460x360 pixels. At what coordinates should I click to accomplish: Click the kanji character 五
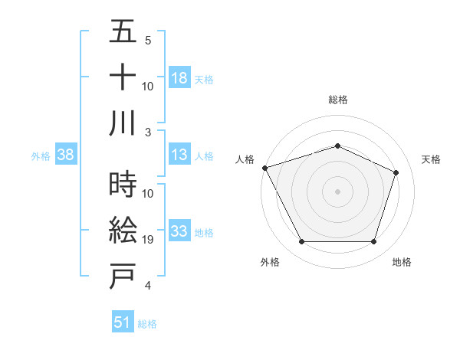tap(123, 34)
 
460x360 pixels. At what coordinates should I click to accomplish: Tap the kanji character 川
tap(123, 123)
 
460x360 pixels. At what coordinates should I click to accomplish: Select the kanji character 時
tap(123, 185)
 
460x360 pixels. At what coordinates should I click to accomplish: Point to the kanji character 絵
tap(123, 230)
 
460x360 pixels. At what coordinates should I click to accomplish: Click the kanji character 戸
tap(123, 276)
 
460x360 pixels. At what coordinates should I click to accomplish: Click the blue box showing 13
tap(179, 155)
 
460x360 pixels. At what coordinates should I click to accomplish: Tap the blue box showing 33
tap(179, 231)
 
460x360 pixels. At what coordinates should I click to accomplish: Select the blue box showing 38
tap(66, 155)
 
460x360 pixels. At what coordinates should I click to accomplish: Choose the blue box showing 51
tap(123, 322)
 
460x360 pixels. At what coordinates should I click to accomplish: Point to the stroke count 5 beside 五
tap(148, 41)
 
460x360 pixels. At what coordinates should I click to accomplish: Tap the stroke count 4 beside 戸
tap(148, 286)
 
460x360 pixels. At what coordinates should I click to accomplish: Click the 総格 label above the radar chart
tap(338, 100)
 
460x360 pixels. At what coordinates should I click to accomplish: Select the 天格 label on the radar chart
tap(431, 159)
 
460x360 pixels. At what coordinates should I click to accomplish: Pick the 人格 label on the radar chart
tap(245, 159)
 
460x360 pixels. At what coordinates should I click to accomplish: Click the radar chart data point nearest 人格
tap(264, 168)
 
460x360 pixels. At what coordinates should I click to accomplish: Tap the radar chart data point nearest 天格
tap(396, 172)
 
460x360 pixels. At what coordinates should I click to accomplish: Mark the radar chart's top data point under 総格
tap(338, 146)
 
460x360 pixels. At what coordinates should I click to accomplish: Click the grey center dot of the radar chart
tap(338, 191)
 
